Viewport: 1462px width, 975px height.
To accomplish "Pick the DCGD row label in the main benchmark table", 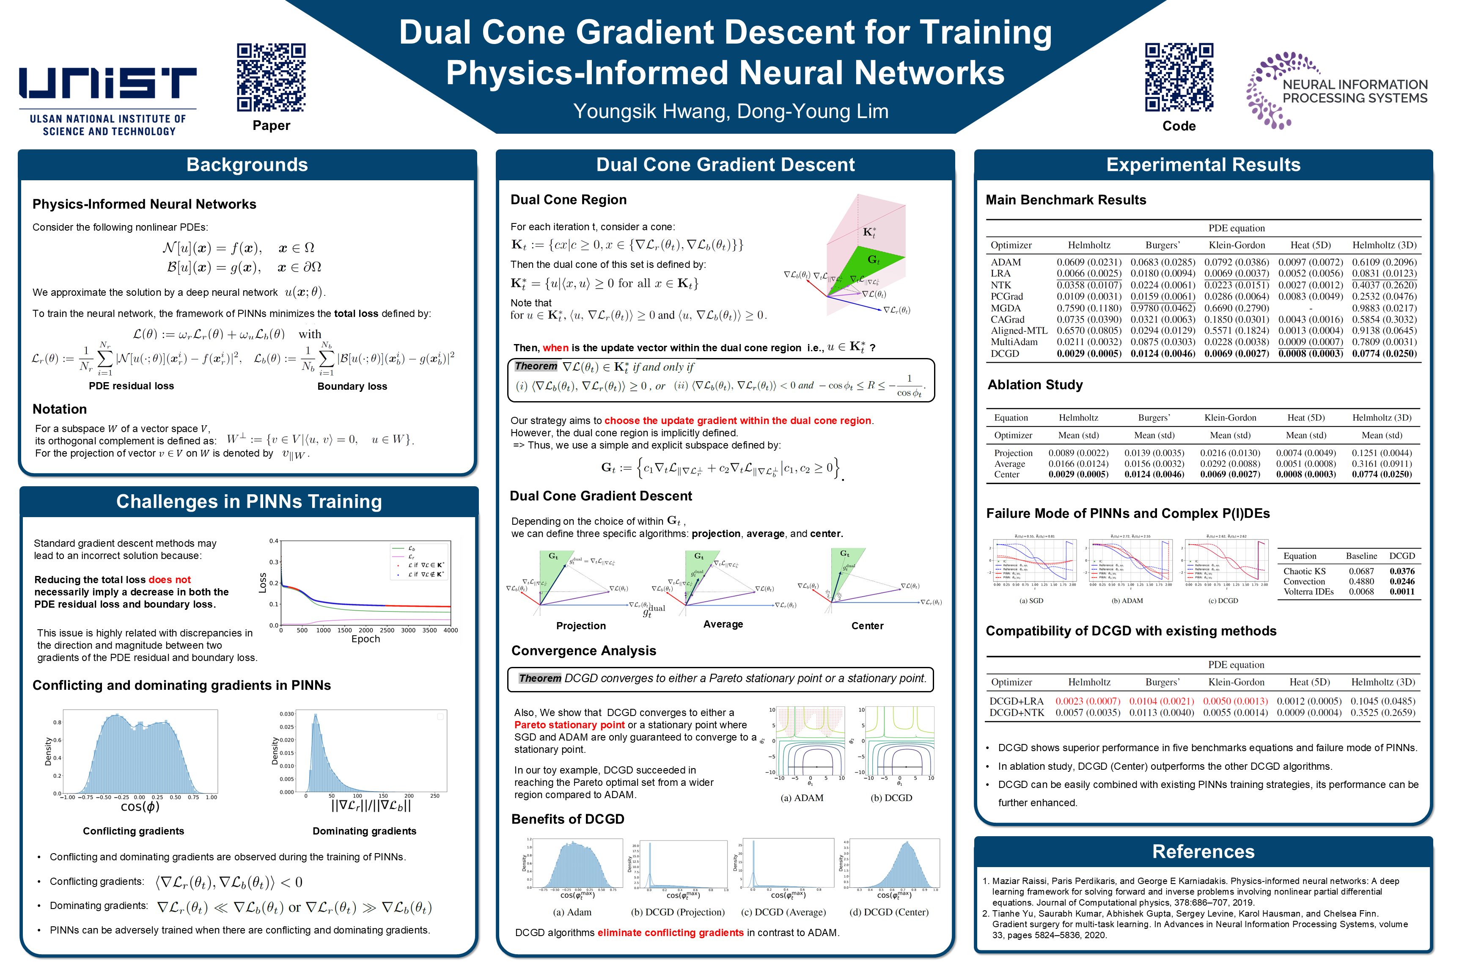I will pos(1005,354).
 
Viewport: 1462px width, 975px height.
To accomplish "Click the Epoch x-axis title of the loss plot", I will pos(365,639).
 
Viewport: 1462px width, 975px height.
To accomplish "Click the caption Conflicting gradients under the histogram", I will pos(134,832).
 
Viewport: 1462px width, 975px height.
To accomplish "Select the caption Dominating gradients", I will pos(364,832).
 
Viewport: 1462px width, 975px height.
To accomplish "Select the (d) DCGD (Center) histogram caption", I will pos(888,912).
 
